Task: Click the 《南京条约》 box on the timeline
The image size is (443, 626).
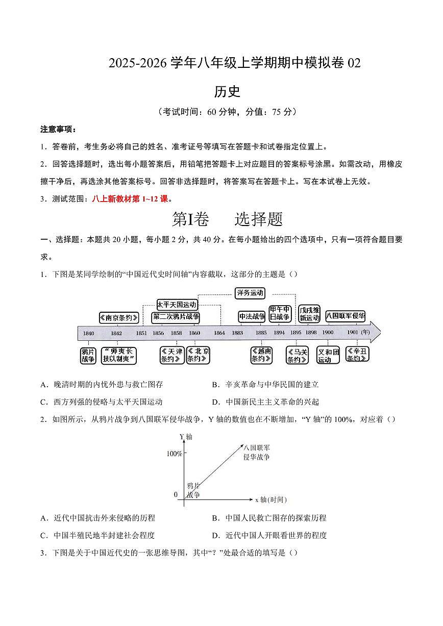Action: pos(119,317)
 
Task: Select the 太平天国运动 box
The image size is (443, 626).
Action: pos(177,305)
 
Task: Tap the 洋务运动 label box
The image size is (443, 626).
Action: pos(250,293)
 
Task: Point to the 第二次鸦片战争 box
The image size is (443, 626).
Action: pos(176,317)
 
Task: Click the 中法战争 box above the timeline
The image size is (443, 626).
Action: pos(252,317)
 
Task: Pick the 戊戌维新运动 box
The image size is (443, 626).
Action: pos(309,314)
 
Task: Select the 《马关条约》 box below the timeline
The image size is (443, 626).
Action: pos(297,355)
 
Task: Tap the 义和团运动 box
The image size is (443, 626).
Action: pos(328,355)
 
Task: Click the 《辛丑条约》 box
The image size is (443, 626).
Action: pos(357,354)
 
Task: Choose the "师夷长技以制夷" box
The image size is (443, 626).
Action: pos(119,355)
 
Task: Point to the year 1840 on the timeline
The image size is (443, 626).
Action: pos(88,333)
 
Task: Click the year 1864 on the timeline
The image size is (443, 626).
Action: pos(219,333)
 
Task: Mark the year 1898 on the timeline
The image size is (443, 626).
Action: pos(311,333)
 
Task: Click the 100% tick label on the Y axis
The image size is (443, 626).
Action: pos(174,454)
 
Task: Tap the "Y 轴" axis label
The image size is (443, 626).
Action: pos(185,437)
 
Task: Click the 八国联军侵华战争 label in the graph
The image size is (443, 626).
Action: pos(256,453)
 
